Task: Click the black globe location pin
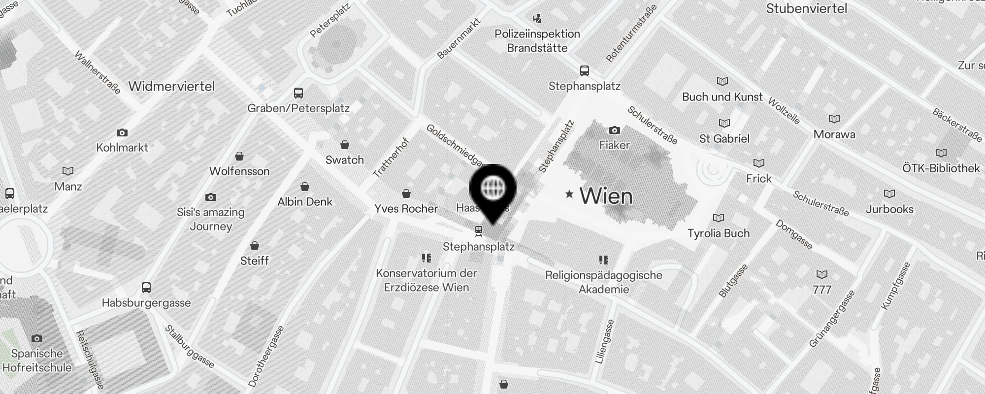pos(492,190)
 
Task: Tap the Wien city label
pos(606,196)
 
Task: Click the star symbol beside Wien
pos(569,194)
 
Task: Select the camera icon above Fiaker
pos(614,131)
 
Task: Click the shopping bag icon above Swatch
pos(345,145)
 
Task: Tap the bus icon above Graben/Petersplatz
pos(298,93)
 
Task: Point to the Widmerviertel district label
pos(171,86)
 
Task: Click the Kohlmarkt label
pos(122,147)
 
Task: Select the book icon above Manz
pos(68,171)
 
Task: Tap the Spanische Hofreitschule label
pos(37,361)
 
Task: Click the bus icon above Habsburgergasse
pos(146,287)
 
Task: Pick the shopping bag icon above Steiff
pos(255,245)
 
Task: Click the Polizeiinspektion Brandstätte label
pos(537,41)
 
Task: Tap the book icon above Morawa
pos(834,119)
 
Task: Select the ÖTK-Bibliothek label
pos(941,168)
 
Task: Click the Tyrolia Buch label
pos(719,233)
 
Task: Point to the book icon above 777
pos(821,274)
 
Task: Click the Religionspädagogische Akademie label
pos(604,282)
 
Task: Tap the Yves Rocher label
pos(406,208)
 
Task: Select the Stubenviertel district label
pos(807,8)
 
